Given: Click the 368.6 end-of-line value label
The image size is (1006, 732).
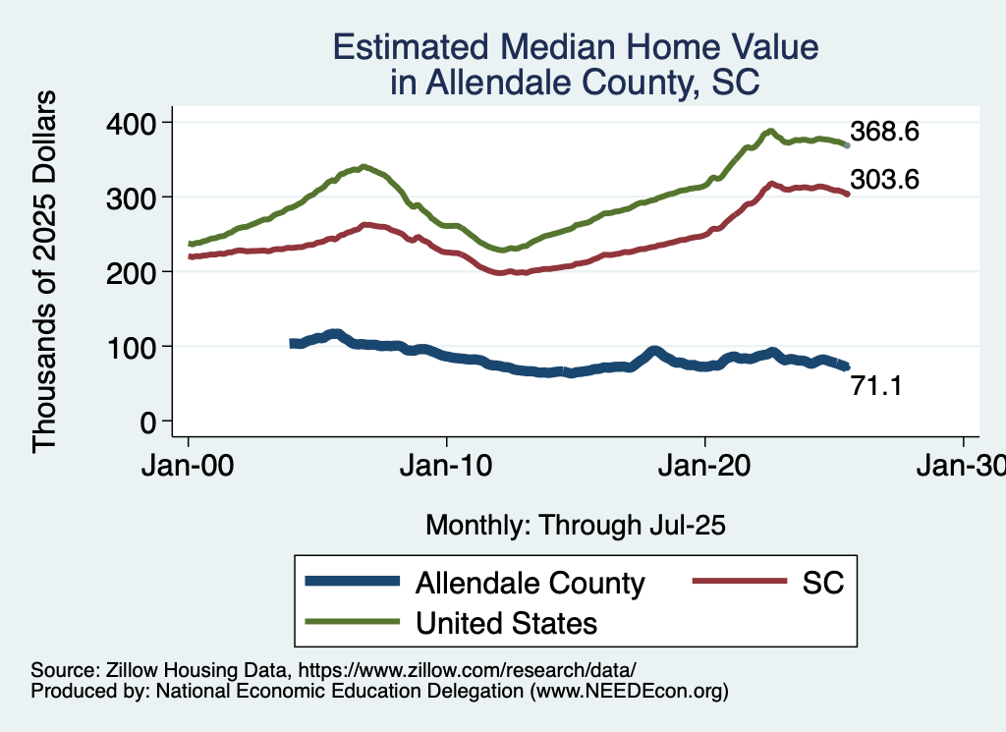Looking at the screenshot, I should click(884, 131).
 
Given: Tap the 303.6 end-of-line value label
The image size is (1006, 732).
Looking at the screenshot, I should click(884, 180).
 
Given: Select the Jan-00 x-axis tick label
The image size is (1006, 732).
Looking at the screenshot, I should click(189, 466).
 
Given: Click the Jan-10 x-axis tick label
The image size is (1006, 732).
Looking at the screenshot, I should click(447, 466).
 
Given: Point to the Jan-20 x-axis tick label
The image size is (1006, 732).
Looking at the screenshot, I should click(705, 466).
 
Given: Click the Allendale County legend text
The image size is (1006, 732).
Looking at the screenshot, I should click(531, 583).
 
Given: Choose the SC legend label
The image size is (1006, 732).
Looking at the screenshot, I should click(824, 583).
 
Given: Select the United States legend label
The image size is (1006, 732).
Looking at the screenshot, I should click(506, 622).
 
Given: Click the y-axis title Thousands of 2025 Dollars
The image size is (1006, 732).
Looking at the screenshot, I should click(46, 271).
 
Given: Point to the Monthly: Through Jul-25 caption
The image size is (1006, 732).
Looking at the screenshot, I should click(575, 526).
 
